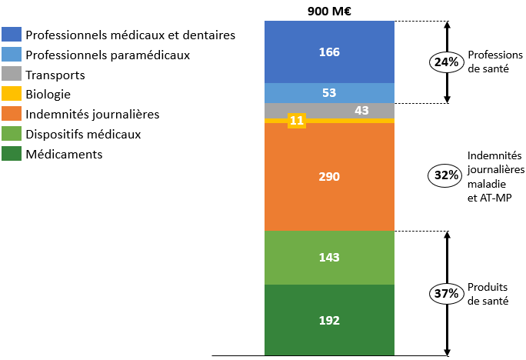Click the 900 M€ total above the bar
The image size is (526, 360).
coord(329,10)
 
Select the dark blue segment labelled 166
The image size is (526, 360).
coord(329,52)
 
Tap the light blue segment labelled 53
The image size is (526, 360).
coord(329,92)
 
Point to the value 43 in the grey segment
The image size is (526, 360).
coord(361,111)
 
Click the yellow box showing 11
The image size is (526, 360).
coord(296,121)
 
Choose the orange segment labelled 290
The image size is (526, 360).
coord(329,177)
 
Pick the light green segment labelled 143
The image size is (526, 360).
coord(329,257)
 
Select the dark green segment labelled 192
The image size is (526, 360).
coord(329,320)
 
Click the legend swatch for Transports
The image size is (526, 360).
coord(12,75)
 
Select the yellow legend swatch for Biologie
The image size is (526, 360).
coord(12,95)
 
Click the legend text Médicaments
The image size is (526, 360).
coord(64,154)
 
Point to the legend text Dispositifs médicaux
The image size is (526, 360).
coord(83,134)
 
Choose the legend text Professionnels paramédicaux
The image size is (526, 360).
coord(108,55)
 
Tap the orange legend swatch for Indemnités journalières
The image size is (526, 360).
coord(12,114)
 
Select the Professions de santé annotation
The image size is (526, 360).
coord(492,62)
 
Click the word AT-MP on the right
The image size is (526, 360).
coord(485,197)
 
